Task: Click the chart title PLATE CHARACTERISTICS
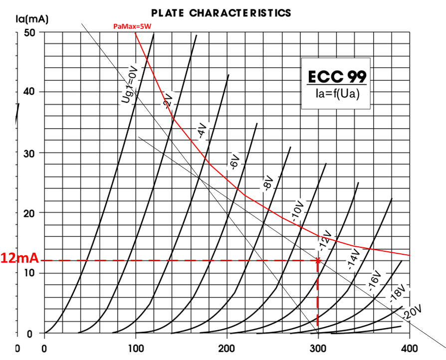pyautogui.click(x=221, y=12)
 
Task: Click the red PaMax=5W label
pyautogui.click(x=132, y=26)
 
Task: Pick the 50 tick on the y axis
pyautogui.click(x=29, y=32)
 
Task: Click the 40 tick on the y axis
pyautogui.click(x=29, y=92)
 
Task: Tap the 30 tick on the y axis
pyautogui.click(x=29, y=153)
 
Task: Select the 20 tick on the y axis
pyautogui.click(x=29, y=213)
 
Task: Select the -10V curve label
pyautogui.click(x=297, y=213)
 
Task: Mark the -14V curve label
pyautogui.click(x=353, y=260)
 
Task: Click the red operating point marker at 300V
pyautogui.click(x=318, y=260)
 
